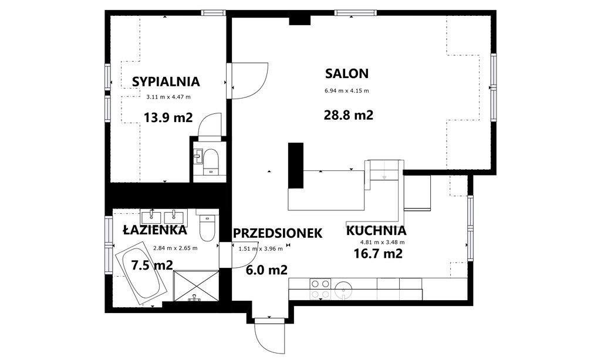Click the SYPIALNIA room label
(166, 82)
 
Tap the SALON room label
(347, 73)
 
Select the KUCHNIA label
(376, 231)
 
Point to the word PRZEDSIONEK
(278, 233)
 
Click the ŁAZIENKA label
(155, 230)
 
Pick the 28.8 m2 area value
(349, 115)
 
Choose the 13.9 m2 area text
(168, 117)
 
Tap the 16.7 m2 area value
(378, 254)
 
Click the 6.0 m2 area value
(266, 270)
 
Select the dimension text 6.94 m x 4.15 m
(347, 91)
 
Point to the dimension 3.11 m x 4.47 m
(168, 97)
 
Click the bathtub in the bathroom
(141, 272)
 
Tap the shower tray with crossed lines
(196, 286)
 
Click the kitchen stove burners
(320, 289)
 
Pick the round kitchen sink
(343, 289)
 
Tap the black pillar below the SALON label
(296, 165)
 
